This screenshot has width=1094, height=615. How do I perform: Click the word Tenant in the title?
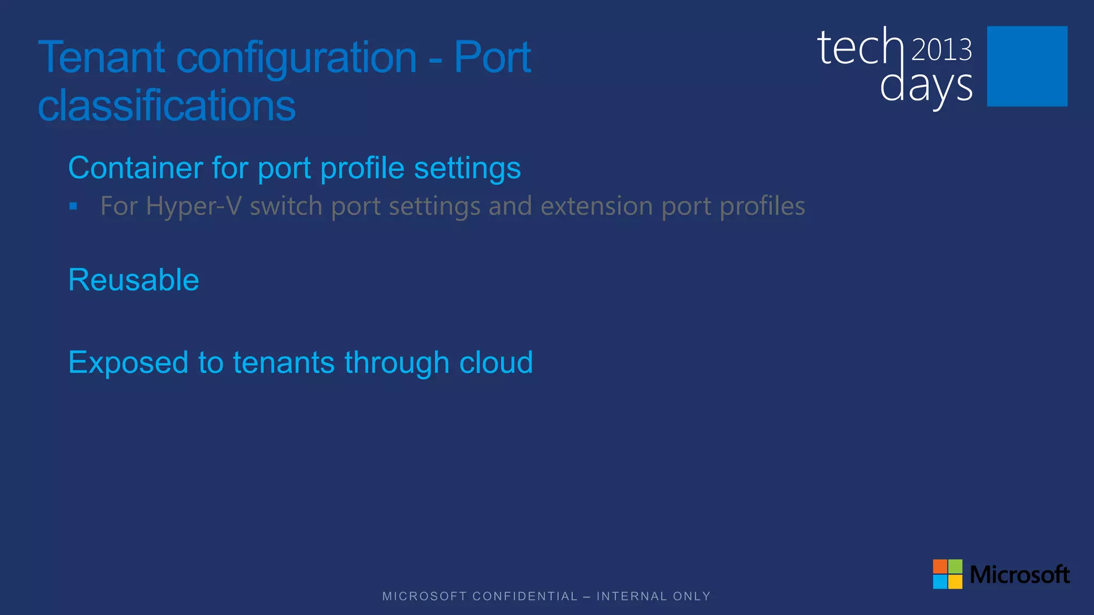(101, 57)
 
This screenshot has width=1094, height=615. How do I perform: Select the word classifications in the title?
(167, 105)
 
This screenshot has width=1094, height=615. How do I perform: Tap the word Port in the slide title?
(492, 57)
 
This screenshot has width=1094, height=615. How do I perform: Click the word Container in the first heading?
(136, 168)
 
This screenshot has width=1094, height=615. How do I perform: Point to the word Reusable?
(134, 280)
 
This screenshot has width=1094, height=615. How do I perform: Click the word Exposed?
(128, 363)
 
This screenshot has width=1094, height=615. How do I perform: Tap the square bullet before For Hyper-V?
(73, 206)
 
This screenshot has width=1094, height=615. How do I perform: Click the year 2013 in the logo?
(941, 50)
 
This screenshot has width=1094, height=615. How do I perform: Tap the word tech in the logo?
(860, 48)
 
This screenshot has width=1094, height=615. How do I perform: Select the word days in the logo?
(926, 87)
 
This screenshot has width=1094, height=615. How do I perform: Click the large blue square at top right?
(1027, 66)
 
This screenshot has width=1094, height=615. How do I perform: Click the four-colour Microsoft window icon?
(947, 574)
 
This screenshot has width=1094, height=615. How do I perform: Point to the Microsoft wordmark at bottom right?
(1019, 574)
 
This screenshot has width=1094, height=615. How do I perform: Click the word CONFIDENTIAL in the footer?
(525, 596)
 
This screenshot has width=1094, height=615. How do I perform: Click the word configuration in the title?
(296, 58)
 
